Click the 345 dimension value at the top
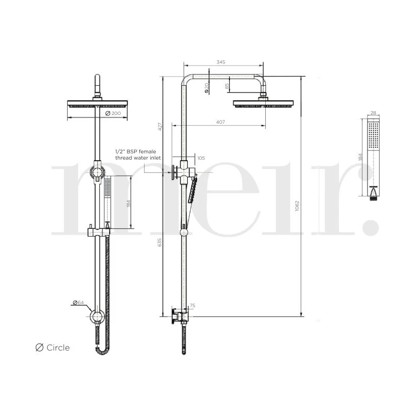(x=220, y=62)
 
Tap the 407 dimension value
(x=220, y=122)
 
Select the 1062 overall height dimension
(x=297, y=206)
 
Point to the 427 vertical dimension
(x=160, y=126)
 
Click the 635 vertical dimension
(x=160, y=242)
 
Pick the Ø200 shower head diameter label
(x=113, y=113)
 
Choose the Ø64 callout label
(x=79, y=303)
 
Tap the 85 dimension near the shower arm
(x=227, y=86)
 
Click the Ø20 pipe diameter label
(x=206, y=88)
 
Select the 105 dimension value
(x=201, y=158)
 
